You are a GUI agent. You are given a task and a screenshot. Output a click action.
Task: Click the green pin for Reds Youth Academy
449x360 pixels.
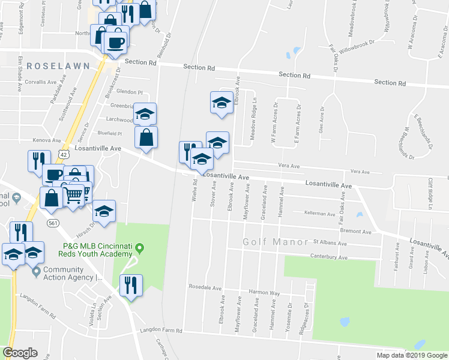(x=140, y=247)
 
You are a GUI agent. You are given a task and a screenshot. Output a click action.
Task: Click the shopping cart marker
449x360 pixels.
(x=73, y=194)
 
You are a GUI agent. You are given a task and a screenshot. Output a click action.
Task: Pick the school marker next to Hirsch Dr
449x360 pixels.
(x=104, y=211)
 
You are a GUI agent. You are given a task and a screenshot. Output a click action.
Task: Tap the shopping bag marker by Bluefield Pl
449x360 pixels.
(x=146, y=137)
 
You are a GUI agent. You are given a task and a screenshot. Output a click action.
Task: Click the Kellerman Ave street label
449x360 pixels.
(x=319, y=213)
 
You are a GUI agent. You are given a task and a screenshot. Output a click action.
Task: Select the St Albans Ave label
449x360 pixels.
(x=330, y=244)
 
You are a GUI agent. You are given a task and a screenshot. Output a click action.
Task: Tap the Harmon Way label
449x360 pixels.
(x=266, y=293)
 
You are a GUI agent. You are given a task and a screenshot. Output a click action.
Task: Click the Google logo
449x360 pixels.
(x=20, y=353)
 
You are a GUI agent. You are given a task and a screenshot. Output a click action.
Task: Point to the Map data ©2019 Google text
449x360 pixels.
(x=412, y=355)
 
